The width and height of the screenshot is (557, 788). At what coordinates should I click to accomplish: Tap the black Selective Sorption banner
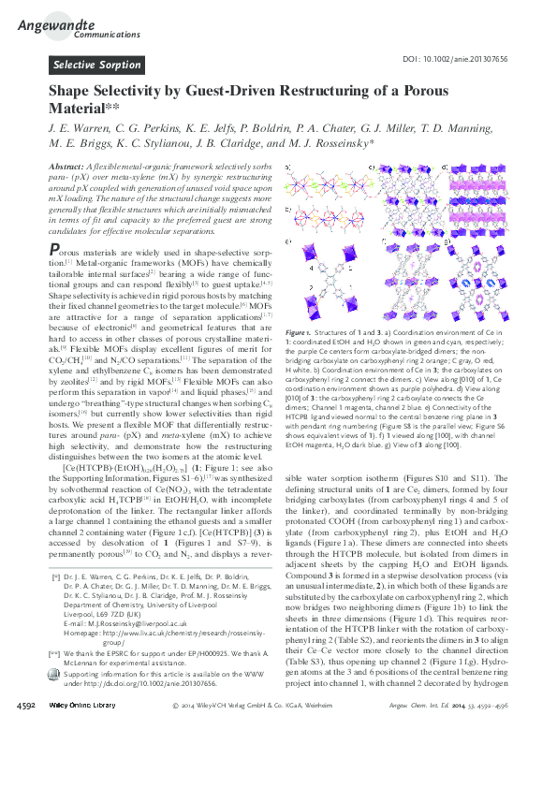point(96,65)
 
